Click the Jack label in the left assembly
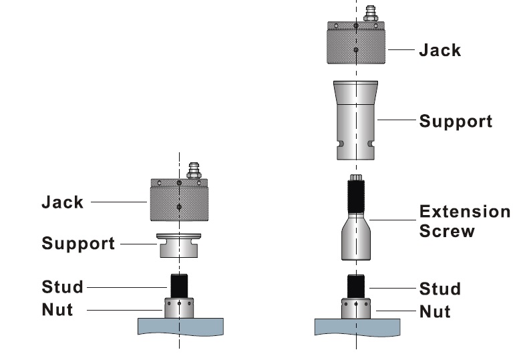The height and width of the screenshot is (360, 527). (x=63, y=202)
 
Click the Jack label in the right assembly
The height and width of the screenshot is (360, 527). (x=440, y=50)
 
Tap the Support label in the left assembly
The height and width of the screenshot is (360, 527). (x=78, y=243)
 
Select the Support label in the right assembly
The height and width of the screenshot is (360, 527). (x=456, y=122)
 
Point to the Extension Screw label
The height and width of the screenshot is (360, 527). (x=464, y=221)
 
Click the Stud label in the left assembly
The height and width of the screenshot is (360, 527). (x=63, y=287)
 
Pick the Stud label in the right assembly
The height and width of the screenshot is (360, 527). (x=440, y=289)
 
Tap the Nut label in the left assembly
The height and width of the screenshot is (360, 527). (x=57, y=309)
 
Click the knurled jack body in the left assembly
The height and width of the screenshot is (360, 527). (x=178, y=204)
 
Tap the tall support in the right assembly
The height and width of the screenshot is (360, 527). (x=356, y=120)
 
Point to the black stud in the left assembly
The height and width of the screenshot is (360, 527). (x=178, y=286)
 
